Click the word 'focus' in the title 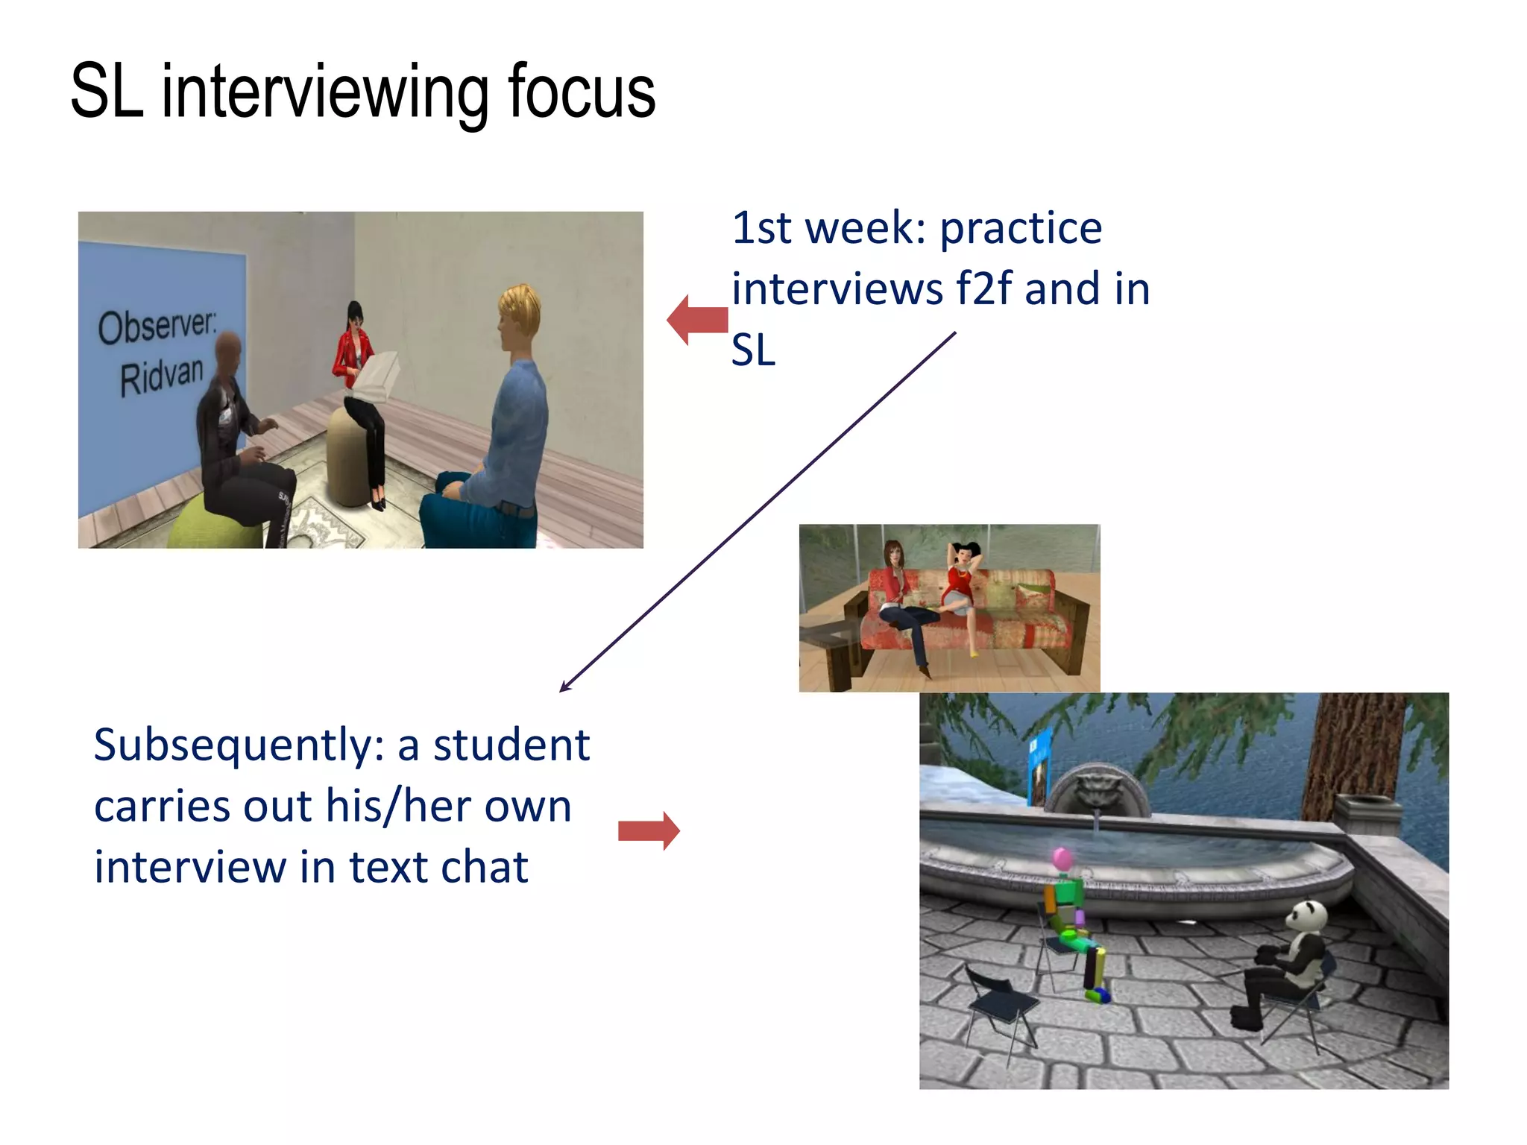click(x=581, y=92)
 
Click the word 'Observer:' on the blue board click(x=157, y=326)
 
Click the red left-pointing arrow click(x=696, y=321)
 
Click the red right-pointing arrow click(x=649, y=830)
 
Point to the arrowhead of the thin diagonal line click(x=564, y=688)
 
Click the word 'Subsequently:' click(x=239, y=745)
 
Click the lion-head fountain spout click(x=1095, y=791)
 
